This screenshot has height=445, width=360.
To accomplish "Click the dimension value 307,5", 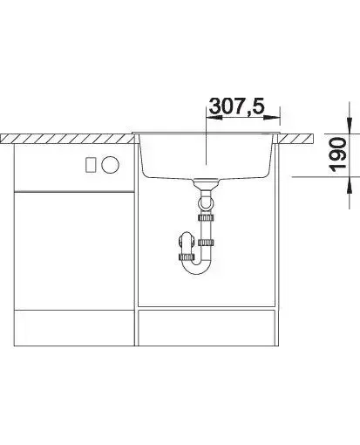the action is [237, 106].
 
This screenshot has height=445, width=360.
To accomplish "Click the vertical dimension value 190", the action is [337, 154].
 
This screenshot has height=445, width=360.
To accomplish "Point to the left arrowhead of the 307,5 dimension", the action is [214, 118].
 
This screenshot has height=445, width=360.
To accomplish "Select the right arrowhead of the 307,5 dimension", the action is [272, 118].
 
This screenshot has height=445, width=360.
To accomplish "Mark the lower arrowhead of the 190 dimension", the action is [350, 185].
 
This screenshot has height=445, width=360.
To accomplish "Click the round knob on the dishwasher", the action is [110, 165].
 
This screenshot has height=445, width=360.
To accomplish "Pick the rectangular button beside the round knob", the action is [91, 165].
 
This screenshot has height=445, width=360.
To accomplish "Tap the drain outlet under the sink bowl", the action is [206, 181].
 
